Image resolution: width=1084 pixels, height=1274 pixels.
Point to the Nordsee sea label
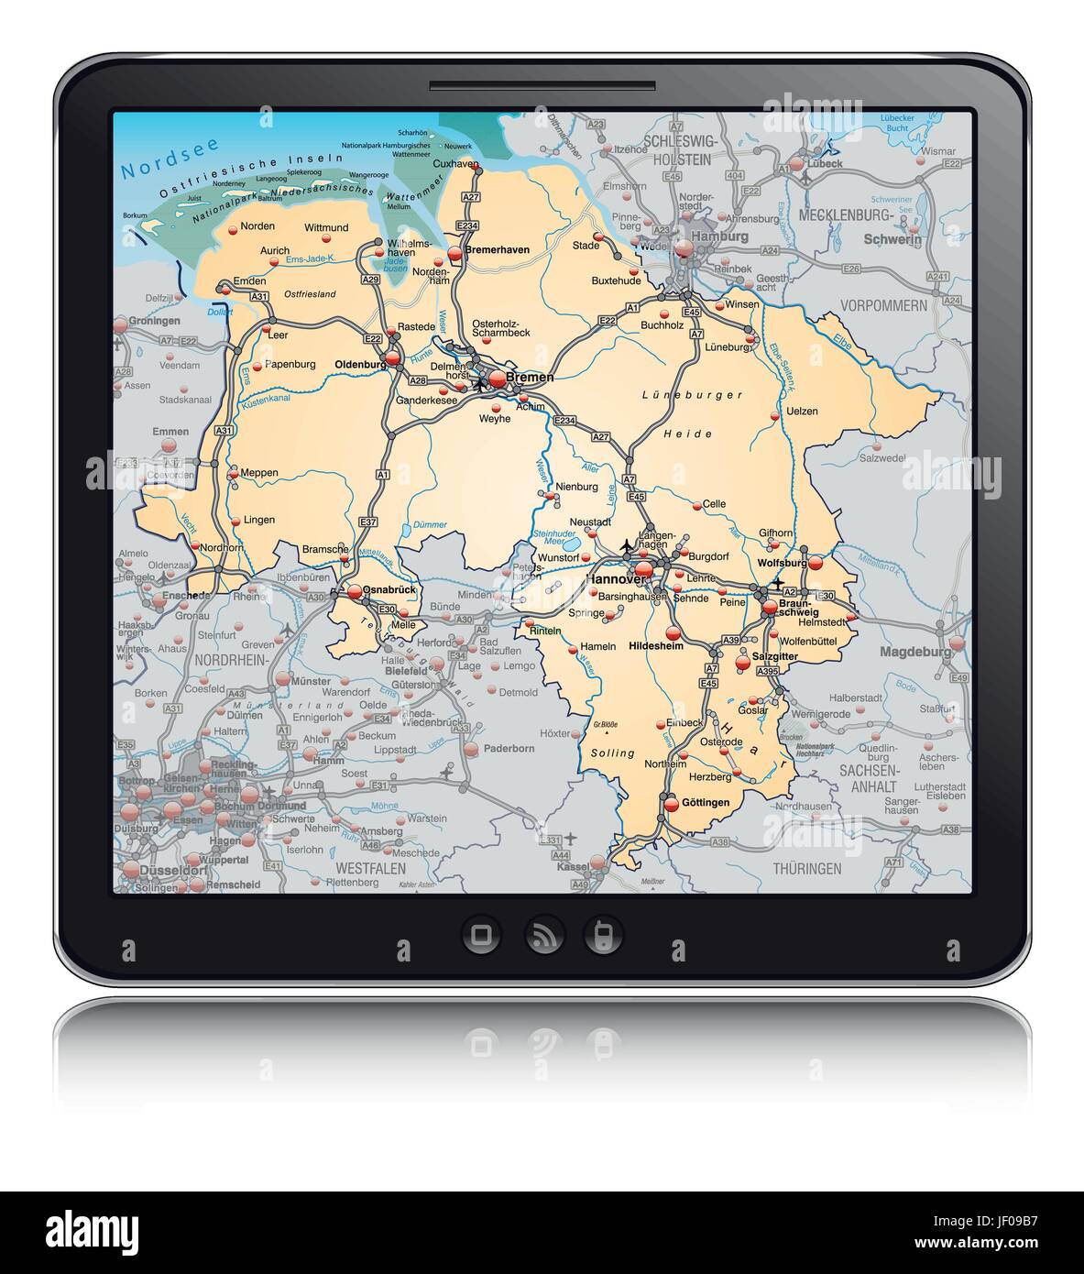(x=158, y=167)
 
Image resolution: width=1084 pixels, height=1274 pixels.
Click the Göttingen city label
(x=706, y=802)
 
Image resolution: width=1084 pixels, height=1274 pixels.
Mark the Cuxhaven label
(x=455, y=163)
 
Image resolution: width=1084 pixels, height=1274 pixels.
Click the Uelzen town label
(x=802, y=412)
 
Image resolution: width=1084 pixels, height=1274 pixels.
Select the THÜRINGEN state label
(x=806, y=868)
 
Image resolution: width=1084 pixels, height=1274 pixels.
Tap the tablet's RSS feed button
(x=542, y=935)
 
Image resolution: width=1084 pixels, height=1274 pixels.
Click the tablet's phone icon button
(x=603, y=935)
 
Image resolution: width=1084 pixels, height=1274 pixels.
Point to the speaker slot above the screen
(x=542, y=87)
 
